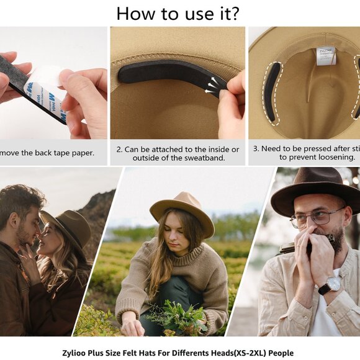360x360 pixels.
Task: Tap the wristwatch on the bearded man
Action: coord(331,285)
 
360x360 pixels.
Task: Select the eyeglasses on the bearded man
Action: coord(317,217)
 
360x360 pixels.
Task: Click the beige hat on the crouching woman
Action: coord(181,210)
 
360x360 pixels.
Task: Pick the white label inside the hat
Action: coord(325,56)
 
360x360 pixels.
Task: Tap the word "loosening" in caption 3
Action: coord(335,158)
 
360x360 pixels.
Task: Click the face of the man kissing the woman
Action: coord(29,227)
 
